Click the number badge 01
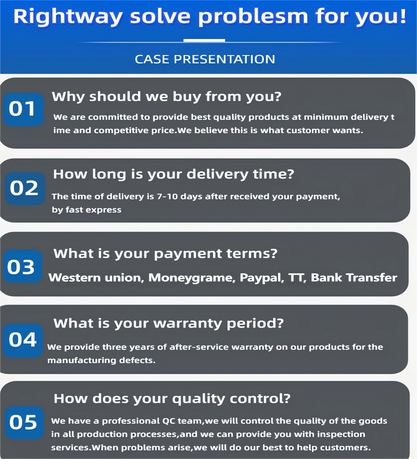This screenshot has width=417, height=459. [x=23, y=109]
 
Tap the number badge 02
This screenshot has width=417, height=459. [x=25, y=189]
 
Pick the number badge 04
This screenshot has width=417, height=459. [x=23, y=340]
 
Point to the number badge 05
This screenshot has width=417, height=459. [x=24, y=422]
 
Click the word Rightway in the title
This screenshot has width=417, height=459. [x=69, y=17]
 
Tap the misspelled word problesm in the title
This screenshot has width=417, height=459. [x=255, y=17]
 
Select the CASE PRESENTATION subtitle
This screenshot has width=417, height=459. [x=205, y=59]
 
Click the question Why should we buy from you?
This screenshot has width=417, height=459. [x=166, y=97]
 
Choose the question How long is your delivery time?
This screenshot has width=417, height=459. [x=173, y=174]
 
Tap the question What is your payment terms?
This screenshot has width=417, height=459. [x=165, y=253]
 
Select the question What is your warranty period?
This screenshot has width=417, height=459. [x=168, y=323]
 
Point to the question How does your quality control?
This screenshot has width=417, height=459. [x=172, y=398]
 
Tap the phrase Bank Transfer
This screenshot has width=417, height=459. [x=354, y=277]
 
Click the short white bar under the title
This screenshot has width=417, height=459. [x=204, y=40]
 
